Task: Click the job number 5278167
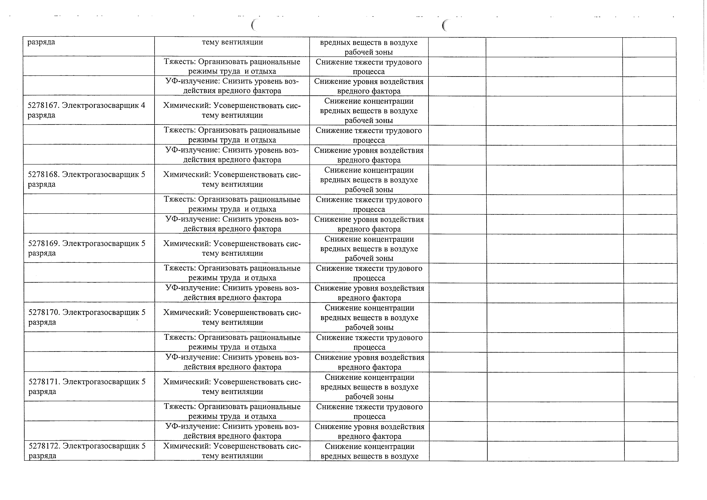(x=43, y=105)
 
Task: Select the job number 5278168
(x=43, y=175)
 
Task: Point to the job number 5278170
(x=44, y=312)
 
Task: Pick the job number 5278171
(x=44, y=382)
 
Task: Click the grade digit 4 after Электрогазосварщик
(x=143, y=105)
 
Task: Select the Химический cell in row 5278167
(x=232, y=110)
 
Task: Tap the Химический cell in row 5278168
(x=232, y=179)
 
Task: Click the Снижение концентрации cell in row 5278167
(x=369, y=110)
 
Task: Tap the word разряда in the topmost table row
(x=41, y=42)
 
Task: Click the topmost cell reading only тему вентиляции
(x=232, y=42)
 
